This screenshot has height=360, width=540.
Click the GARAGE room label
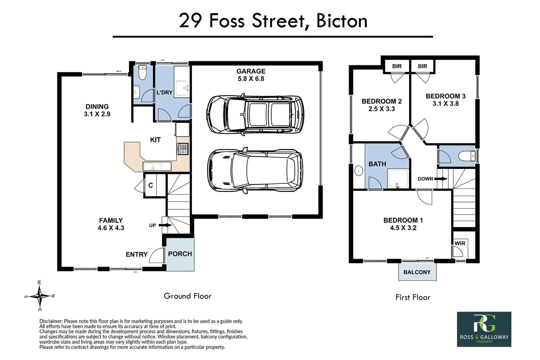(251, 71)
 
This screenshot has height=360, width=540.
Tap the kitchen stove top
(183, 149)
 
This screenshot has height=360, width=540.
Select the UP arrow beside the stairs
(165, 225)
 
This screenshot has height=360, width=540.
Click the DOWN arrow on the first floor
(441, 179)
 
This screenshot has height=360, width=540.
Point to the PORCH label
(180, 254)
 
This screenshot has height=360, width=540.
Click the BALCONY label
(417, 272)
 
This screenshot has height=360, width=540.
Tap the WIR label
(460, 243)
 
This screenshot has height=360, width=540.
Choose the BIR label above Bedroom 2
(397, 66)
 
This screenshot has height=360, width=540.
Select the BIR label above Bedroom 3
(422, 66)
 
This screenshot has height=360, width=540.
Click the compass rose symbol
(40, 296)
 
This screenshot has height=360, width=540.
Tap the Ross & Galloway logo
(484, 329)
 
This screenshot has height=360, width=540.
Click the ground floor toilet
(143, 73)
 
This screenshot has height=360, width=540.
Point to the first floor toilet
(467, 156)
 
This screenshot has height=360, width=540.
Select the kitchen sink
(157, 166)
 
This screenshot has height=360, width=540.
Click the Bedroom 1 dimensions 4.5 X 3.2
(403, 228)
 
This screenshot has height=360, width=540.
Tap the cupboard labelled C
(150, 185)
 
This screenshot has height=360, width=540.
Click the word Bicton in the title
(342, 21)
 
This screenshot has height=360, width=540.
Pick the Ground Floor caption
(188, 296)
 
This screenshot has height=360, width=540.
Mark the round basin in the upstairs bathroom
(359, 171)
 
